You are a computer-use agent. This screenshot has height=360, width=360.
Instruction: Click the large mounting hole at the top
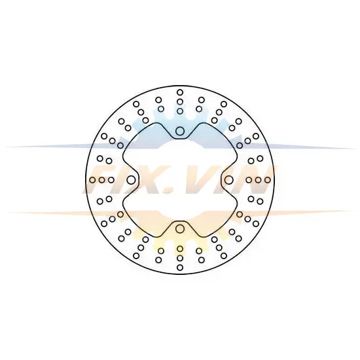click(180, 132)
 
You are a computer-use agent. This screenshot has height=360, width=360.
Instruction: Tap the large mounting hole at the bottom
click(180, 228)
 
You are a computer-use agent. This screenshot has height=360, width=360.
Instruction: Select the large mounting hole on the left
click(131, 180)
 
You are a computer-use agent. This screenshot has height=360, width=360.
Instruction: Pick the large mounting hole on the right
click(228, 180)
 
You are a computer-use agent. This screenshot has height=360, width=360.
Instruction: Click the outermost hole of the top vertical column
click(180, 92)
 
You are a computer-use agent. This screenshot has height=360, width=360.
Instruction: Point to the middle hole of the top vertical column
click(180, 101)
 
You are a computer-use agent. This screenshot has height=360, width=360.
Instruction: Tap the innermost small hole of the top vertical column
click(180, 111)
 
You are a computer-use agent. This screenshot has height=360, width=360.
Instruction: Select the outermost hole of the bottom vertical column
click(180, 268)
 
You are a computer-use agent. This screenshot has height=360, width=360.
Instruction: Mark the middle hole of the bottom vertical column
click(180, 259)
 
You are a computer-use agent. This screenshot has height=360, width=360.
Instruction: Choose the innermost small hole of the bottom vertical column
click(180, 249)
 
